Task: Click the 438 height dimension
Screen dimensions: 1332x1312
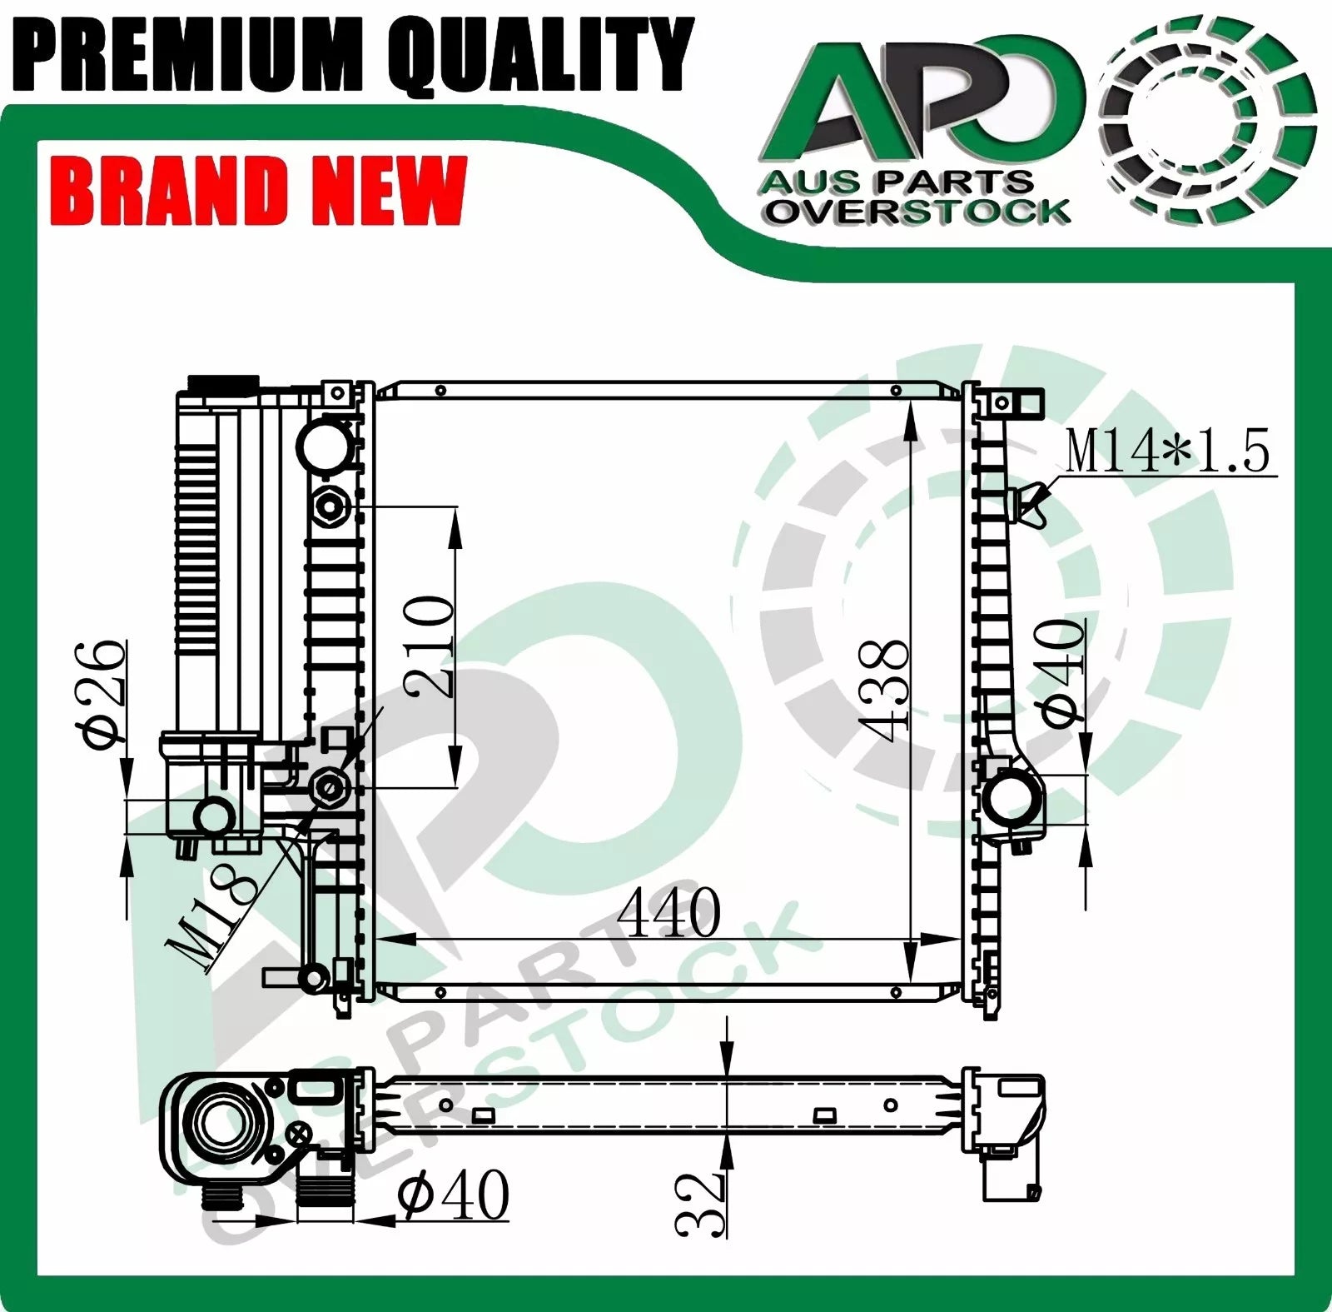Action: tap(883, 691)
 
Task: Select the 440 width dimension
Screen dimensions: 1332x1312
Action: tap(668, 912)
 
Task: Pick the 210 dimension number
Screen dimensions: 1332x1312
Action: tap(430, 646)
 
